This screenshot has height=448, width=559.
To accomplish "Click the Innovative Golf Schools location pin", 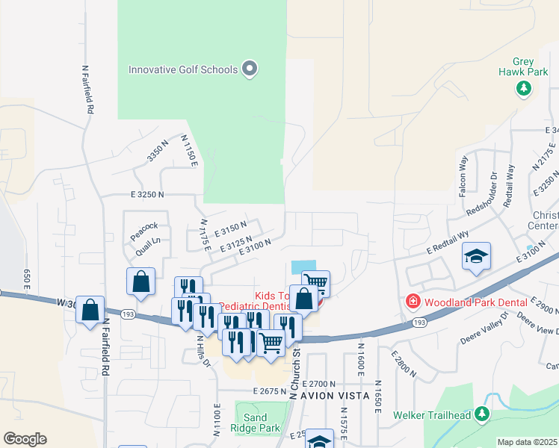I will pyautogui.click(x=250, y=70).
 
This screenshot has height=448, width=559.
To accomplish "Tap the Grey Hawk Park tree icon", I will pyautogui.click(x=524, y=89).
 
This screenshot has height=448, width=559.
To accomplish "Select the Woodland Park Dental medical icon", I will pyautogui.click(x=412, y=302).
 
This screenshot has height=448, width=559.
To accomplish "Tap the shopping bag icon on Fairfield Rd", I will pyautogui.click(x=90, y=309).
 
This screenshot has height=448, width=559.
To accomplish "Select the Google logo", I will pyautogui.click(x=25, y=439).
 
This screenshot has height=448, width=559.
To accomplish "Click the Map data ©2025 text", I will pyautogui.click(x=528, y=442).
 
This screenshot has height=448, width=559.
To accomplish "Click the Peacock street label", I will pyautogui.click(x=143, y=225).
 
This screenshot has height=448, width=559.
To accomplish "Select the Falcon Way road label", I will pyautogui.click(x=463, y=175).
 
